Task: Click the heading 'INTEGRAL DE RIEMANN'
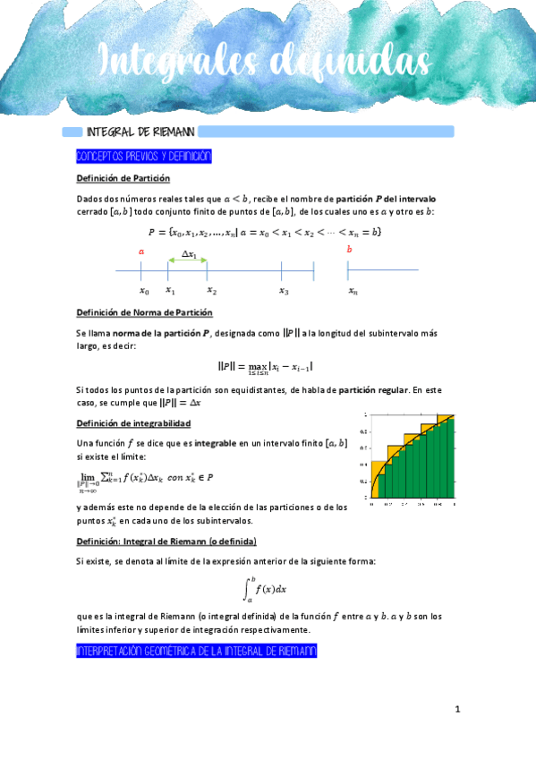(141, 132)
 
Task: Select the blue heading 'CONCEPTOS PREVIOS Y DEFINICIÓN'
(144, 157)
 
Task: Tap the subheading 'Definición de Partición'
(123, 179)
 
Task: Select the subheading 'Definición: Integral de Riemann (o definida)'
(166, 542)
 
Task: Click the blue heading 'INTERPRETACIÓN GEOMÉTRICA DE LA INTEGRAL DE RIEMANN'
(197, 652)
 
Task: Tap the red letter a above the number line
(141, 252)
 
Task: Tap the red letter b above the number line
(349, 249)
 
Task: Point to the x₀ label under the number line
(143, 290)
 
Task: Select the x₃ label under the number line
(283, 290)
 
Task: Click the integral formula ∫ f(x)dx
(264, 589)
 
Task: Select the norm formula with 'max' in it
(265, 367)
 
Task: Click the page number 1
(456, 710)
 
